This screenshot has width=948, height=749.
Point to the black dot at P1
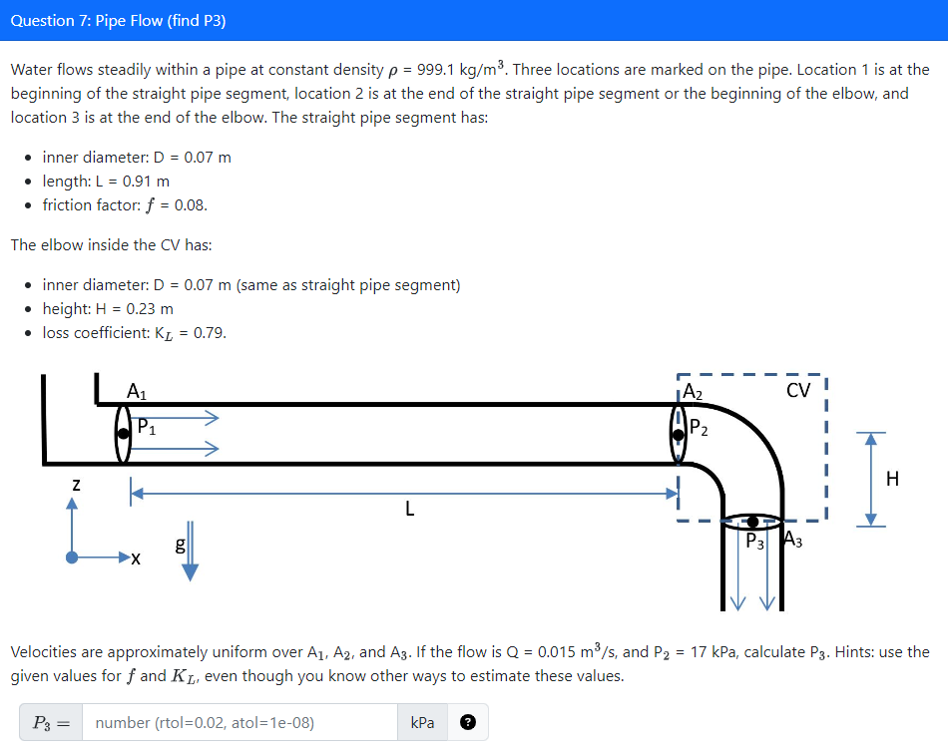pyautogui.click(x=123, y=434)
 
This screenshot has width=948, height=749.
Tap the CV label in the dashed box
pyautogui.click(x=797, y=389)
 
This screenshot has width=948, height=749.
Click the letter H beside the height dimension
pyautogui.click(x=892, y=479)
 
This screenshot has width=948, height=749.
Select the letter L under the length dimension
pyautogui.click(x=408, y=511)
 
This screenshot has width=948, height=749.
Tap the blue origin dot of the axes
pyautogui.click(x=72, y=559)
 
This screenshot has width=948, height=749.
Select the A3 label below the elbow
pyautogui.click(x=792, y=542)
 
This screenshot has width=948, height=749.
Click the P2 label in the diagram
pyautogui.click(x=699, y=430)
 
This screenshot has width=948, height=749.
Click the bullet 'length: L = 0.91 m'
pyautogui.click(x=106, y=181)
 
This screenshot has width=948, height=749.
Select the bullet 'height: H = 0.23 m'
pyautogui.click(x=108, y=308)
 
